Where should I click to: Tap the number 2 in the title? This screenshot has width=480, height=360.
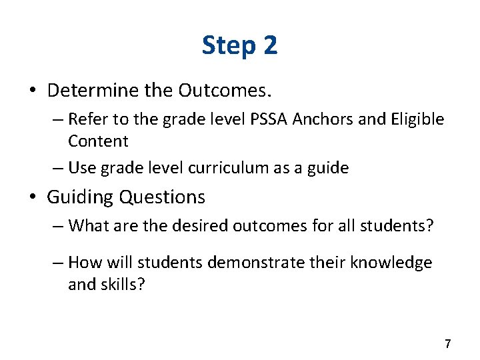(x=270, y=45)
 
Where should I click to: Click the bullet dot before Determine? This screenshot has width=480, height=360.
(x=34, y=90)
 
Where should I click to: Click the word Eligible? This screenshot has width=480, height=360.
(x=418, y=119)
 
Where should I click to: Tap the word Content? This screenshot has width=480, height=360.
(x=98, y=141)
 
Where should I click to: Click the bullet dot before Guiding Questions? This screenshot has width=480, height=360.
(x=34, y=197)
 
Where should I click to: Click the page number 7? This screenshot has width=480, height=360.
(x=447, y=344)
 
